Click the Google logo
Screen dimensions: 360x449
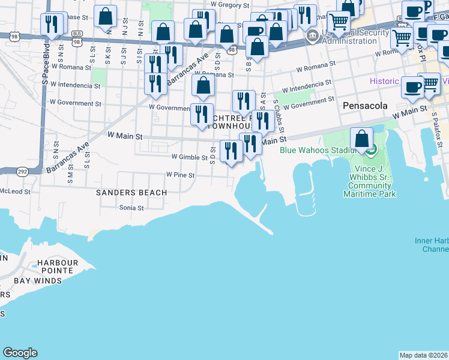pos(20,353)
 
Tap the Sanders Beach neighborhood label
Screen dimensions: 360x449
pos(131,193)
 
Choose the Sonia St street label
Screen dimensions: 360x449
pos(132,208)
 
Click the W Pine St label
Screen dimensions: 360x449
pos(180,175)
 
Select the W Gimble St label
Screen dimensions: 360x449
pos(189,157)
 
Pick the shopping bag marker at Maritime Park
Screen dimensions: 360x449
pos(361,140)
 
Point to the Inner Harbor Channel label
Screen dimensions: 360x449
pos(432,245)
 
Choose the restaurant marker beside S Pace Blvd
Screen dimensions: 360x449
pos(51,25)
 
